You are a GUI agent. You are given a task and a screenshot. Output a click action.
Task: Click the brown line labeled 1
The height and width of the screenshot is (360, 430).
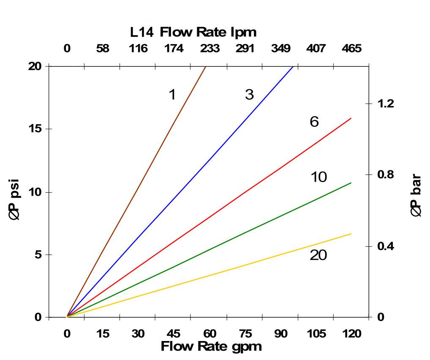pos(136,191)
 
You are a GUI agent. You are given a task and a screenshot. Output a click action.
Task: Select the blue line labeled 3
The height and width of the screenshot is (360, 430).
pos(180,191)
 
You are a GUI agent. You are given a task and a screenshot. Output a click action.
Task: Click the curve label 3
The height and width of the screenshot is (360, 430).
pos(249,95)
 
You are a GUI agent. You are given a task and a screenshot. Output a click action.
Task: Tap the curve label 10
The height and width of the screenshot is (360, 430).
pos(318,177)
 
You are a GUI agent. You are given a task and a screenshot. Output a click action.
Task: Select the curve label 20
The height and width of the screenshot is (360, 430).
pos(318,255)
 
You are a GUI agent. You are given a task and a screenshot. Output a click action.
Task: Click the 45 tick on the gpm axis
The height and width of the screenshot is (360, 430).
pos(174,334)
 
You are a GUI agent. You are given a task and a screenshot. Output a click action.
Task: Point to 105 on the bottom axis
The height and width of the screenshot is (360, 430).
pos(316,334)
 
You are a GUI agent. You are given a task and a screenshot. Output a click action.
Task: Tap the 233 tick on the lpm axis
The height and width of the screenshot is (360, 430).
pos(210,49)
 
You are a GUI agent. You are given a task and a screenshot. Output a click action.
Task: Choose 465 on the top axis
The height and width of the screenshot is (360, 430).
pos(351,49)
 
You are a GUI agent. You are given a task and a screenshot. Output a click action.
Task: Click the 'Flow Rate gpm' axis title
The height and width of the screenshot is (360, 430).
pos(211,346)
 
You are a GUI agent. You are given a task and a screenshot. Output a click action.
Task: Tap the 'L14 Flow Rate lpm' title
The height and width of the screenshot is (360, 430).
pos(193,32)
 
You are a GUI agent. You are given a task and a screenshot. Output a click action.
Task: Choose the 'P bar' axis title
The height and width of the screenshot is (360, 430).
pos(416,195)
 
